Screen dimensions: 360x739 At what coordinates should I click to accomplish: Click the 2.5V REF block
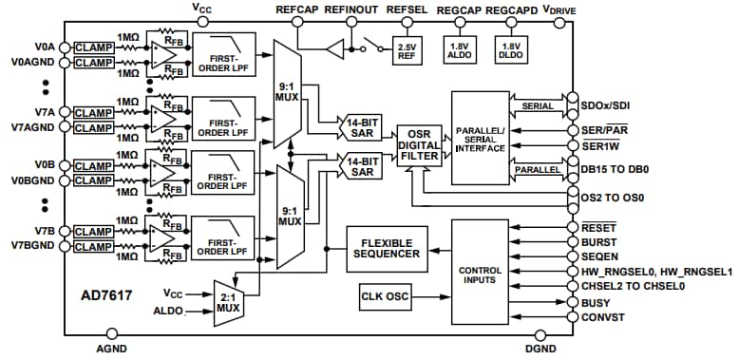tap(407, 51)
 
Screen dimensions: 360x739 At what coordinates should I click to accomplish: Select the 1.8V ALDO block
tap(460, 51)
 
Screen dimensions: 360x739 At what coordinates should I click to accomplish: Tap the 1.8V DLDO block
tap(510, 51)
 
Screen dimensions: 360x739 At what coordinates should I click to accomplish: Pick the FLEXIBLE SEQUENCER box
tap(387, 249)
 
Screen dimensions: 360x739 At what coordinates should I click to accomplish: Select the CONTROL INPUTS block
tap(480, 275)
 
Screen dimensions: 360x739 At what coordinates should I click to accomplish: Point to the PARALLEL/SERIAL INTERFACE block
tap(481, 136)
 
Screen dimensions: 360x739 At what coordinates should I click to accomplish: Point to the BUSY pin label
tap(599, 303)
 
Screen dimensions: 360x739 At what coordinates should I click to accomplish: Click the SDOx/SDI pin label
tap(612, 99)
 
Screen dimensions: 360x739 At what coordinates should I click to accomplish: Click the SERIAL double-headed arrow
tap(539, 105)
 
